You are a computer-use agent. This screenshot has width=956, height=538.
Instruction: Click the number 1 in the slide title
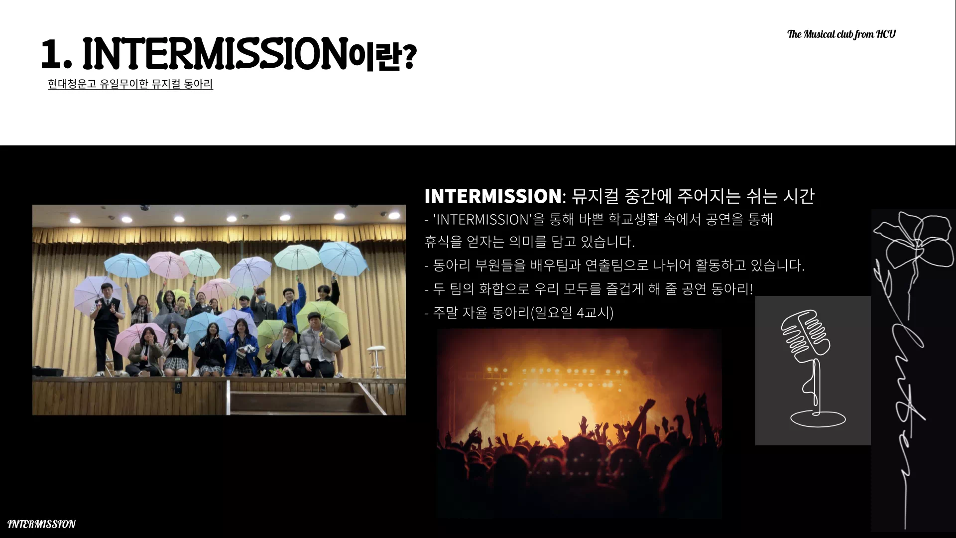(51, 54)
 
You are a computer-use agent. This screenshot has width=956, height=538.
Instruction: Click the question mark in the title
(408, 56)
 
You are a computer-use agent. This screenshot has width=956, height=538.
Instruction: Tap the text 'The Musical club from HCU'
(841, 34)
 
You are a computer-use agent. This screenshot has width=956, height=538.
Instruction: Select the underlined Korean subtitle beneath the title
(130, 84)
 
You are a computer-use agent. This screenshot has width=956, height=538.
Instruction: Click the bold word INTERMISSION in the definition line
(493, 196)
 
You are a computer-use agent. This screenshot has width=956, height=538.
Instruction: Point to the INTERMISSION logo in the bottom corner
(41, 524)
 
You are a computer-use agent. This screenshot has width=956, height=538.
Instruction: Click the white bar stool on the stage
(376, 361)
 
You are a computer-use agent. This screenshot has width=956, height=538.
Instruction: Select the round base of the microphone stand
(818, 418)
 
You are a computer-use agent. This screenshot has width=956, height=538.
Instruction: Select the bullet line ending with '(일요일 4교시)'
(519, 313)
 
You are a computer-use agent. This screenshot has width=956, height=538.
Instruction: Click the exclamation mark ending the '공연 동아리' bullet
(751, 289)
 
